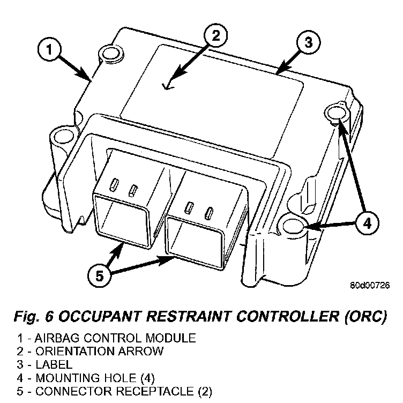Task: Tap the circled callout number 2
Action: (x=215, y=36)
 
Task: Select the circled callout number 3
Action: (x=308, y=43)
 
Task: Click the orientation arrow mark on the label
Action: (x=169, y=83)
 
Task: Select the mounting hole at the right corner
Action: (x=335, y=113)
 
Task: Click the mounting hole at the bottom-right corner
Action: (x=294, y=227)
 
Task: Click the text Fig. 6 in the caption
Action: (x=34, y=317)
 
